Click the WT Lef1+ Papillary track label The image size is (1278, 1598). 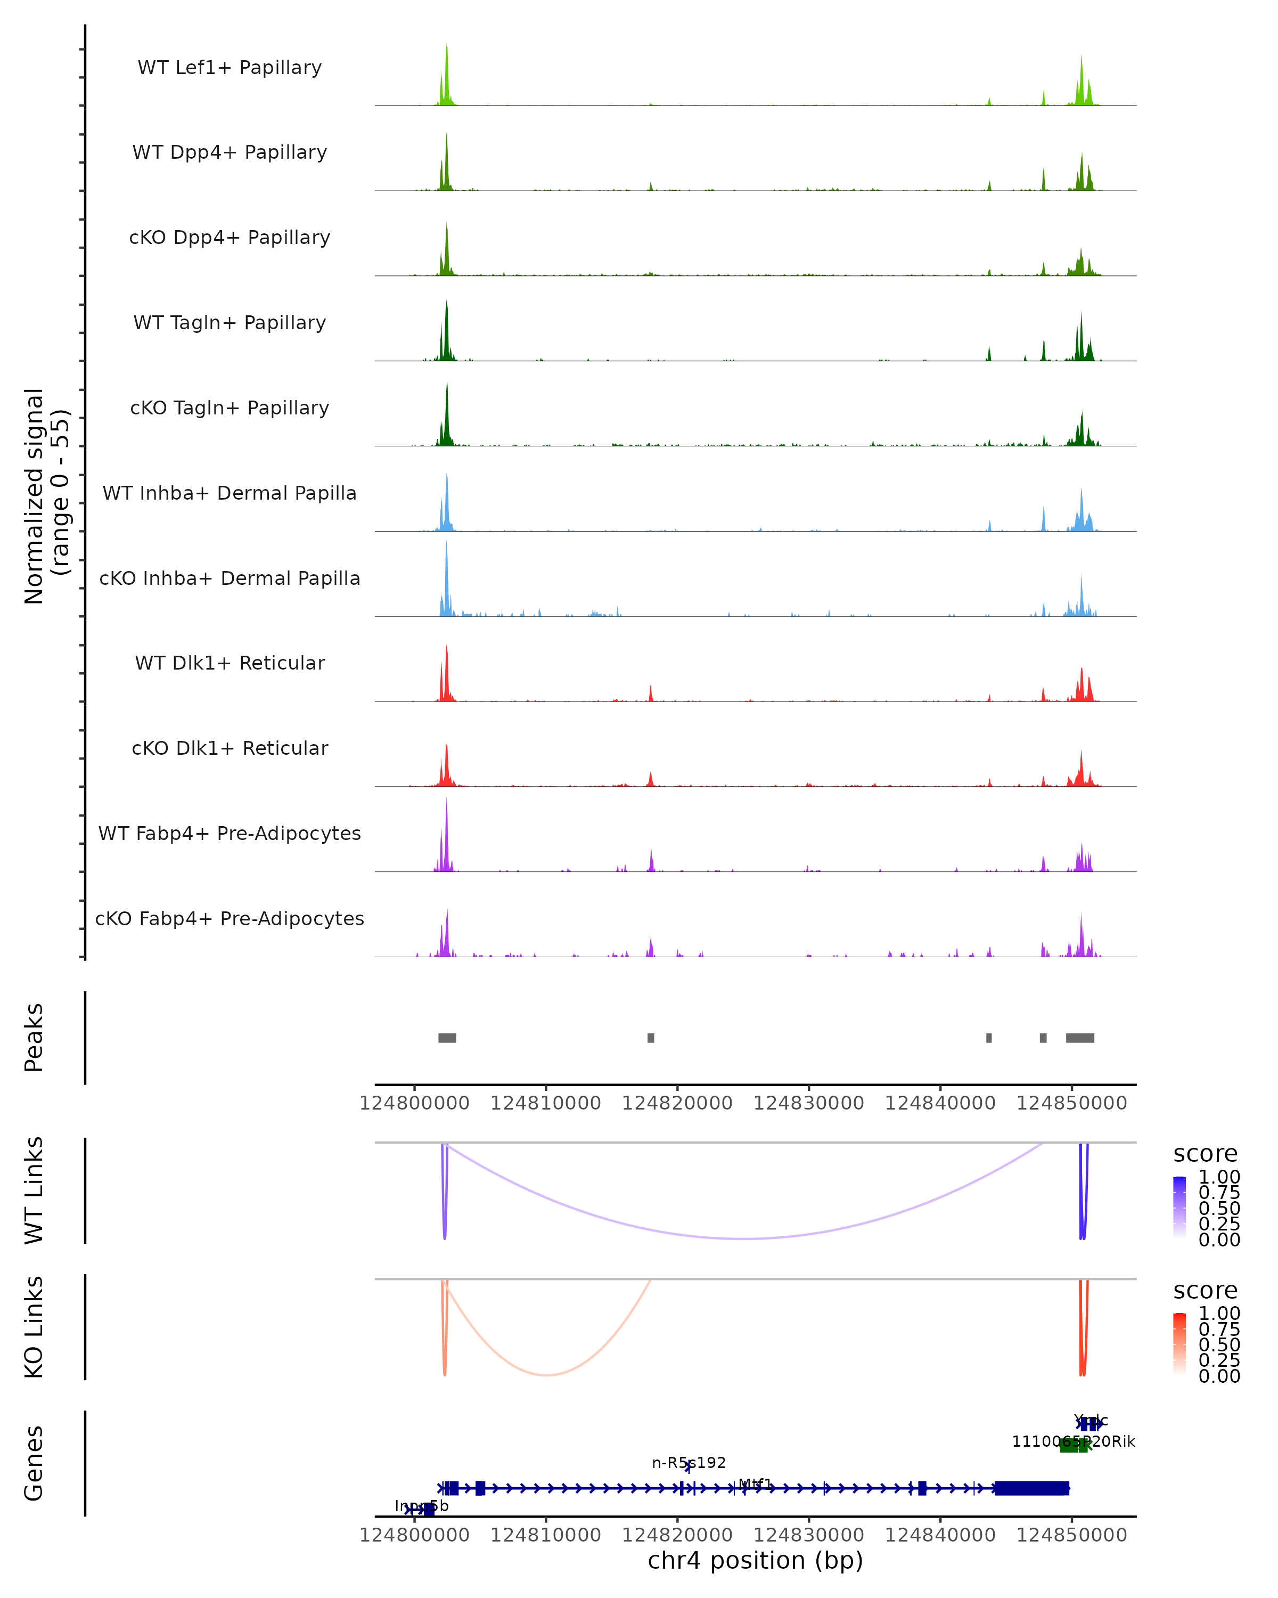pos(230,68)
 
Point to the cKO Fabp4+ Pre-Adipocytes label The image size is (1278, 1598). pos(230,918)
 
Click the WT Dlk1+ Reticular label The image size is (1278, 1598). pos(230,663)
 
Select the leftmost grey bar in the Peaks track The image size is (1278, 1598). pos(447,1038)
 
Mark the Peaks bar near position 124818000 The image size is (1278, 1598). pos(651,1038)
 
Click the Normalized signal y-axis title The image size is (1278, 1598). pos(46,496)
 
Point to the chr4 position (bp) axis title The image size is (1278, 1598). pos(755,1560)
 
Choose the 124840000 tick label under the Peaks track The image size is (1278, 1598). pos(940,1103)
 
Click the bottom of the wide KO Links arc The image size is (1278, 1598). pos(546,1375)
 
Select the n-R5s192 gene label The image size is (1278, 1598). pos(689,1462)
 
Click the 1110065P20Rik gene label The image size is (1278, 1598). pos(1074,1441)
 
